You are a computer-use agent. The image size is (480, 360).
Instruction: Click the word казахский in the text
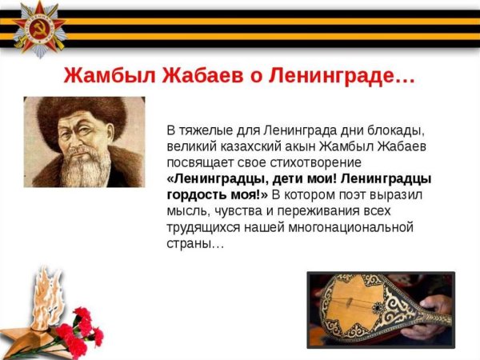pyautogui.click(x=241, y=146)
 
